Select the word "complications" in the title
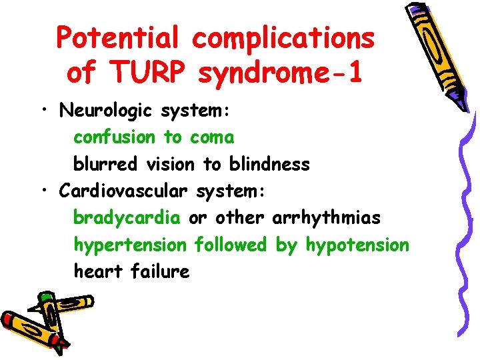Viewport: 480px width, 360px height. tap(284, 39)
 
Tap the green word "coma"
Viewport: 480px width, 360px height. tap(212, 138)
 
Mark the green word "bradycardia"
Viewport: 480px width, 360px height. tap(127, 218)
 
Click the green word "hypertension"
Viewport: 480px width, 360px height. tap(130, 245)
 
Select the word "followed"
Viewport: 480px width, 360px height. tap(230, 245)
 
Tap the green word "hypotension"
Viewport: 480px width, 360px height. tap(357, 245)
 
